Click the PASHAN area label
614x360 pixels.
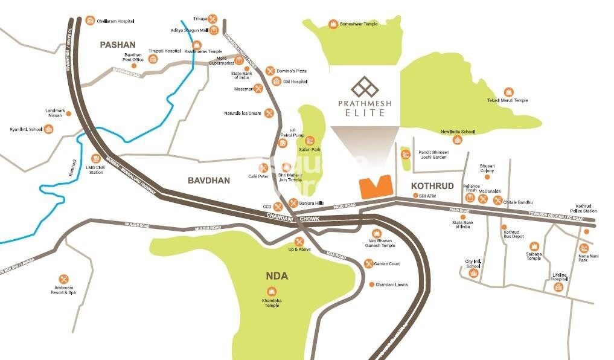tap(118, 44)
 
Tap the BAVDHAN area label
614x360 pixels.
tap(208, 180)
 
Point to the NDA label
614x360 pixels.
tap(277, 276)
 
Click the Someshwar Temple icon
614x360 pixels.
tap(332, 24)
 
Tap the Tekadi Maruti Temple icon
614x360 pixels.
tap(508, 92)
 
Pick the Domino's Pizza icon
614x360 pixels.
tap(270, 71)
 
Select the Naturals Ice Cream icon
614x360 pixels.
tap(269, 113)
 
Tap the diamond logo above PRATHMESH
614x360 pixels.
tap(365, 88)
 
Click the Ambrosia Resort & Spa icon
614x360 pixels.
tap(63, 279)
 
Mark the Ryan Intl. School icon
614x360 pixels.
tap(50, 129)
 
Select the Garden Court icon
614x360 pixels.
tap(368, 263)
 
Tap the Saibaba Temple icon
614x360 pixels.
tap(534, 246)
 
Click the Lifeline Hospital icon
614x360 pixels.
tap(558, 287)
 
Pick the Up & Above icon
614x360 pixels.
tap(299, 242)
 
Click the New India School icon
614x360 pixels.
tap(458, 140)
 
